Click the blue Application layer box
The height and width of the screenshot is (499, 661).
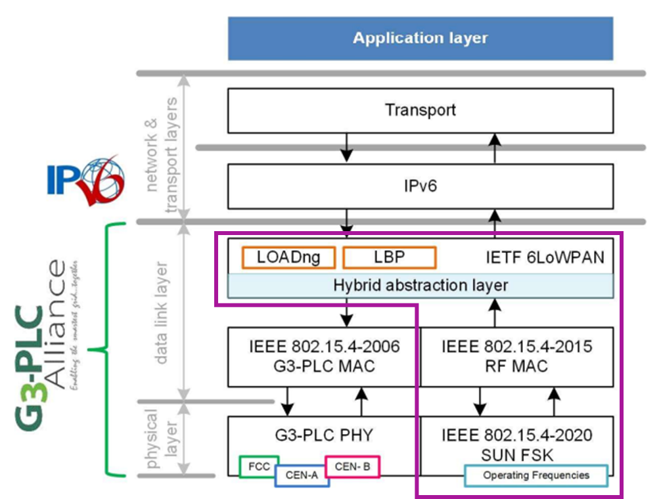click(x=420, y=38)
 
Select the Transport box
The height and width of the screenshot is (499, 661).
click(x=420, y=110)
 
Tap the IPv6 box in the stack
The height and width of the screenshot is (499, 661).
click(x=420, y=186)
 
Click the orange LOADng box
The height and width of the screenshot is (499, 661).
click(x=288, y=257)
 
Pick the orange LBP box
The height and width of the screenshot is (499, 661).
click(x=389, y=257)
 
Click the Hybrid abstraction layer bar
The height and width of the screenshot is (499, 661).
click(x=420, y=286)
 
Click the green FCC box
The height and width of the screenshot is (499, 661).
click(x=259, y=466)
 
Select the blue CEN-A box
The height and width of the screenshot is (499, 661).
click(x=301, y=475)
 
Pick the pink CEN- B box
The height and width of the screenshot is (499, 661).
click(x=352, y=466)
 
